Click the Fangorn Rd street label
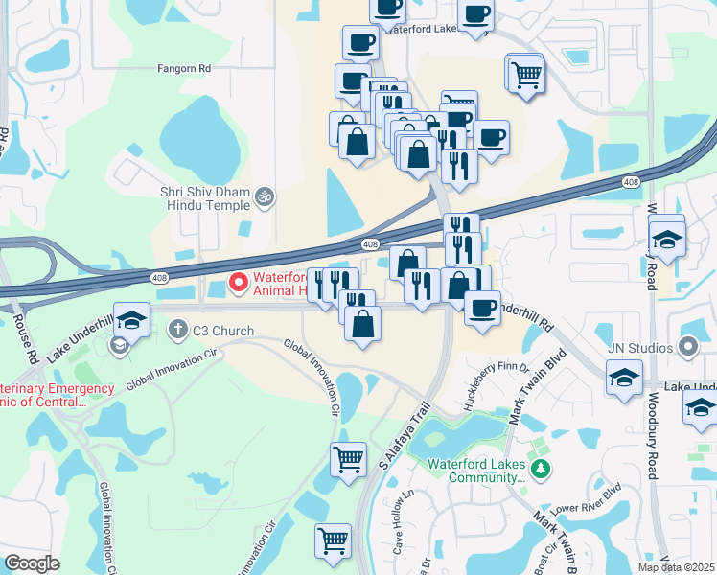pos(184,69)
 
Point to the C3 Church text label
pos(223,332)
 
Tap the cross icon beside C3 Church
pos(177,332)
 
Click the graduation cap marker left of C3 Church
pos(131,318)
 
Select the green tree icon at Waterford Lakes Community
pos(542,469)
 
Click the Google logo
pos(32,563)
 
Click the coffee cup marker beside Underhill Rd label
pos(481,309)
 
